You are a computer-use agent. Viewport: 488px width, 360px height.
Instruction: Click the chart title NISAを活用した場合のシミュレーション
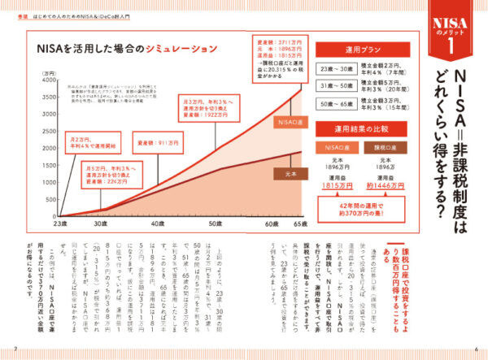[125, 49]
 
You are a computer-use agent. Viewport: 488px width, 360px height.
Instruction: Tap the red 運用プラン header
[352, 48]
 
